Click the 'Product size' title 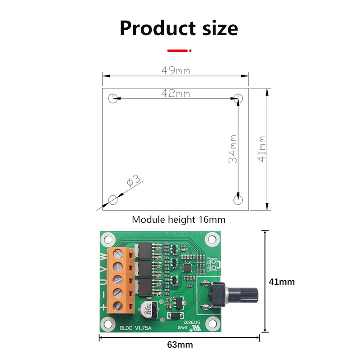pyautogui.click(x=179, y=28)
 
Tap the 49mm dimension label pyautogui.click(x=175, y=71)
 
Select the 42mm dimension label pyautogui.click(x=175, y=94)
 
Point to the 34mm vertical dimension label pyautogui.click(x=232, y=149)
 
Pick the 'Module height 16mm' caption pyautogui.click(x=179, y=220)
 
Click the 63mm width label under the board pyautogui.click(x=180, y=345)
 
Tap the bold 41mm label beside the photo pyautogui.click(x=282, y=282)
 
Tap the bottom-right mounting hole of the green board pyautogui.click(x=210, y=322)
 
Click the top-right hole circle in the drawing pyautogui.click(x=239, y=98)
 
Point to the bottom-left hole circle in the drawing pyautogui.click(x=113, y=199)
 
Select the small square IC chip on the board pyautogui.click(x=187, y=267)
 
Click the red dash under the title pyautogui.click(x=178, y=51)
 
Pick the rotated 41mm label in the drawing pyautogui.click(x=262, y=149)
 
